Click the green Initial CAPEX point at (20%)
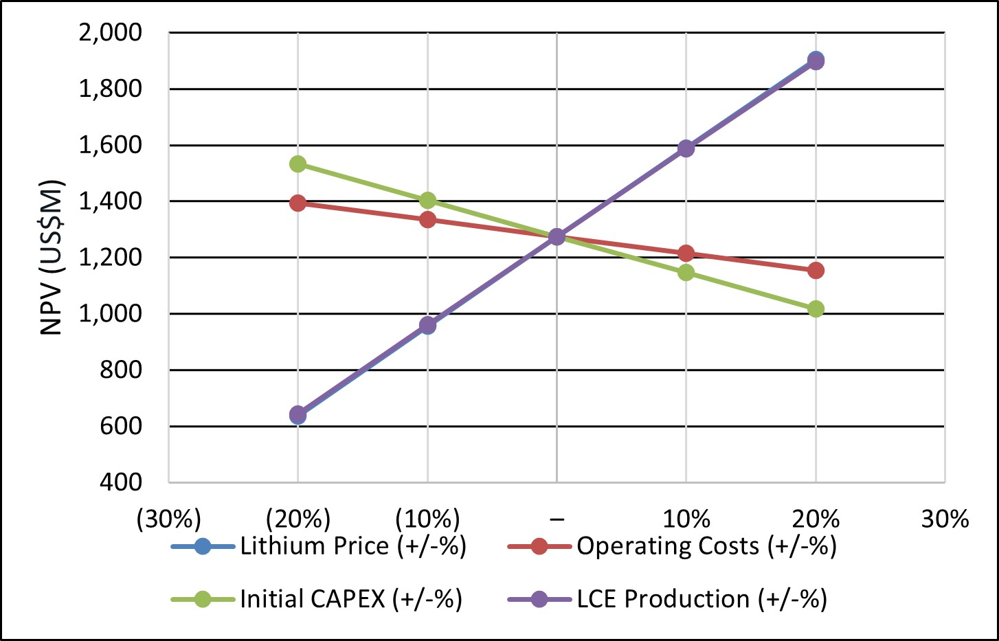click(x=298, y=164)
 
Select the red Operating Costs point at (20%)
click(x=298, y=203)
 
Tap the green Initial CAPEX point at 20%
click(x=816, y=308)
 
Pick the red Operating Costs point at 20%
click(x=816, y=270)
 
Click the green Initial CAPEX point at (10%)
click(x=427, y=200)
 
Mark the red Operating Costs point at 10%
click(x=686, y=254)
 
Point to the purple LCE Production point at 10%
click(x=686, y=148)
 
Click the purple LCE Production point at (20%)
click(x=298, y=414)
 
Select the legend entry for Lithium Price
click(x=352, y=546)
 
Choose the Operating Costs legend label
click(x=706, y=546)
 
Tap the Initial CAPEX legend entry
click(x=350, y=599)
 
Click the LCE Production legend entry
click(x=701, y=599)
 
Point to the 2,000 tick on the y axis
click(x=111, y=32)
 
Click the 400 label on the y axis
click(x=121, y=482)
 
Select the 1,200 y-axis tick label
click(x=111, y=258)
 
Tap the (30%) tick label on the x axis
click(x=168, y=519)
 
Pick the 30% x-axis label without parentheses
click(x=945, y=519)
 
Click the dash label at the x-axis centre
click(x=557, y=519)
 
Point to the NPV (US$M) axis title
click(x=52, y=258)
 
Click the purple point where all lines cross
click(x=557, y=237)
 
